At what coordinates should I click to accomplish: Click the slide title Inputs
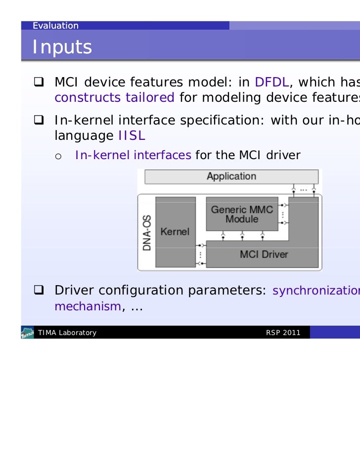click(x=62, y=47)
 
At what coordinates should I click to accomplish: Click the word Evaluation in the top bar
click(x=55, y=26)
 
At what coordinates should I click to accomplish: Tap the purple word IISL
click(x=132, y=135)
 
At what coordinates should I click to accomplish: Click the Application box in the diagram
click(x=231, y=176)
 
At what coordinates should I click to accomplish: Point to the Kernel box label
click(x=175, y=231)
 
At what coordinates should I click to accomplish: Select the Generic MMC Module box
click(x=242, y=214)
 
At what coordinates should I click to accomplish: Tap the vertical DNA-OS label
click(x=147, y=232)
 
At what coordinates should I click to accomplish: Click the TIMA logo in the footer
click(x=27, y=333)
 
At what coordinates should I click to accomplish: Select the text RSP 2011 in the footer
click(x=283, y=333)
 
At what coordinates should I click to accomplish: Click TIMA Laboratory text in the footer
click(x=67, y=333)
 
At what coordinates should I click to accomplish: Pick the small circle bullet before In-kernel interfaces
click(x=58, y=157)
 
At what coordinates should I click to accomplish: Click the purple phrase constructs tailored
click(x=114, y=97)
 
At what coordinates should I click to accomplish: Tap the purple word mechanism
click(x=87, y=306)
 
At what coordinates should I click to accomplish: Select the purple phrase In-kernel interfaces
click(x=133, y=156)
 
